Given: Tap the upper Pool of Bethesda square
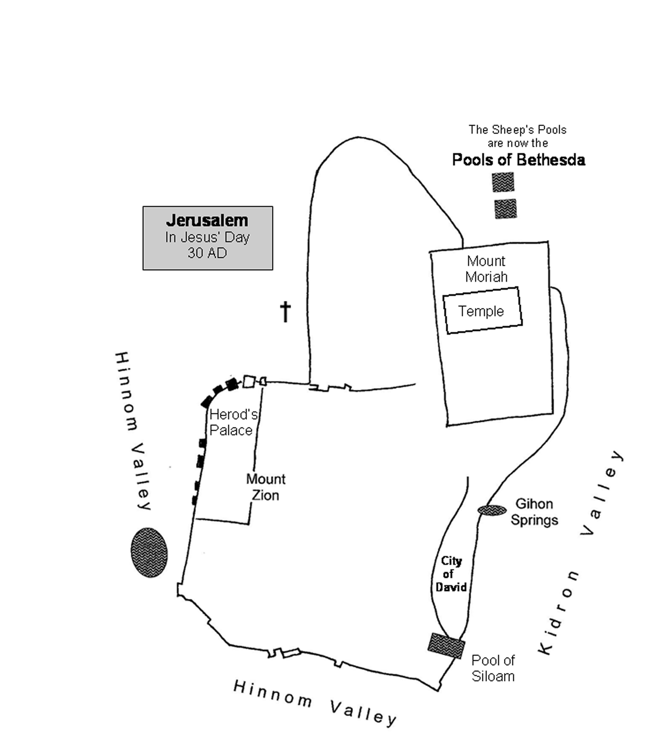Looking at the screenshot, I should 503,182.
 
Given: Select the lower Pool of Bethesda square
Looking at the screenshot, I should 506,209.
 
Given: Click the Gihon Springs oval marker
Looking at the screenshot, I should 492,510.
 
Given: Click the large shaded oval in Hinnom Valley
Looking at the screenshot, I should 149,552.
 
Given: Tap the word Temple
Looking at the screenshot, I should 481,311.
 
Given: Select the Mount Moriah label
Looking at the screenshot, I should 486,269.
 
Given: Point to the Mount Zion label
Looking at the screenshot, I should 266,487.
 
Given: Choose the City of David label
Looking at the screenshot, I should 451,574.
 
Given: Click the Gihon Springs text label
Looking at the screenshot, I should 534,512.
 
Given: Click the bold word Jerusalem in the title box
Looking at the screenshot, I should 207,220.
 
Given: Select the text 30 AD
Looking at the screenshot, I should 207,253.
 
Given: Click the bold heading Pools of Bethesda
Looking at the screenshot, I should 519,160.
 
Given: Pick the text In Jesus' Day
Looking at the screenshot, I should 207,237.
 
